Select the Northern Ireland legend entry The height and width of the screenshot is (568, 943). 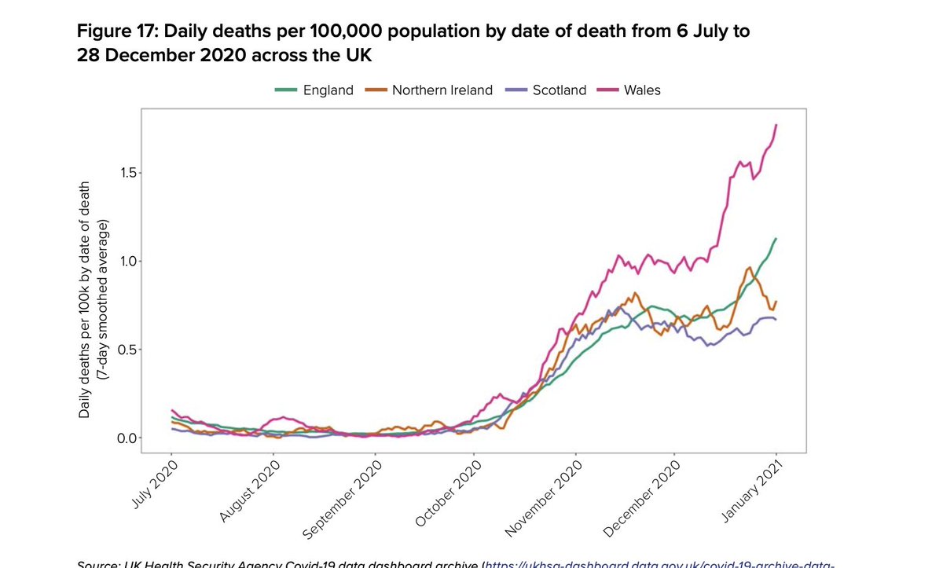tap(430, 90)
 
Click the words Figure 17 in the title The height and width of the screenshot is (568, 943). tap(118, 32)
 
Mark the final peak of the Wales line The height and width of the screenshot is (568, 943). tap(776, 125)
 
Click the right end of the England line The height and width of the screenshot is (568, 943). tap(776, 238)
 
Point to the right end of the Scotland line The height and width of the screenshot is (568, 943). tap(776, 319)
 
